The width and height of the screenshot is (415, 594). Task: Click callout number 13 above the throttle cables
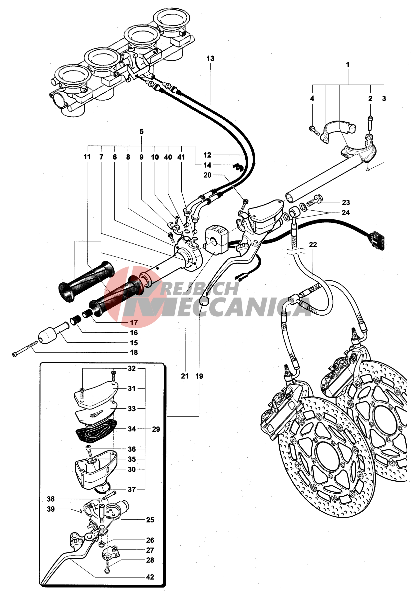(x=210, y=58)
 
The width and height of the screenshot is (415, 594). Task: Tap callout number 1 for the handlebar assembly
(x=348, y=64)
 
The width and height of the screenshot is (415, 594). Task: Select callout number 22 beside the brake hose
(x=313, y=244)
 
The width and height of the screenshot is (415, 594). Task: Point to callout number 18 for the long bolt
(x=134, y=352)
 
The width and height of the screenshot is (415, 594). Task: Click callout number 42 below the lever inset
(x=150, y=577)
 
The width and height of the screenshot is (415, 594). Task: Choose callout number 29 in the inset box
(x=156, y=429)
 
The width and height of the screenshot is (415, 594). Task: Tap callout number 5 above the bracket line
(x=141, y=131)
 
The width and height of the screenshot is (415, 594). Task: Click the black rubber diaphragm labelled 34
(x=96, y=431)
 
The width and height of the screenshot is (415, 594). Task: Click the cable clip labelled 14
(x=237, y=167)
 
